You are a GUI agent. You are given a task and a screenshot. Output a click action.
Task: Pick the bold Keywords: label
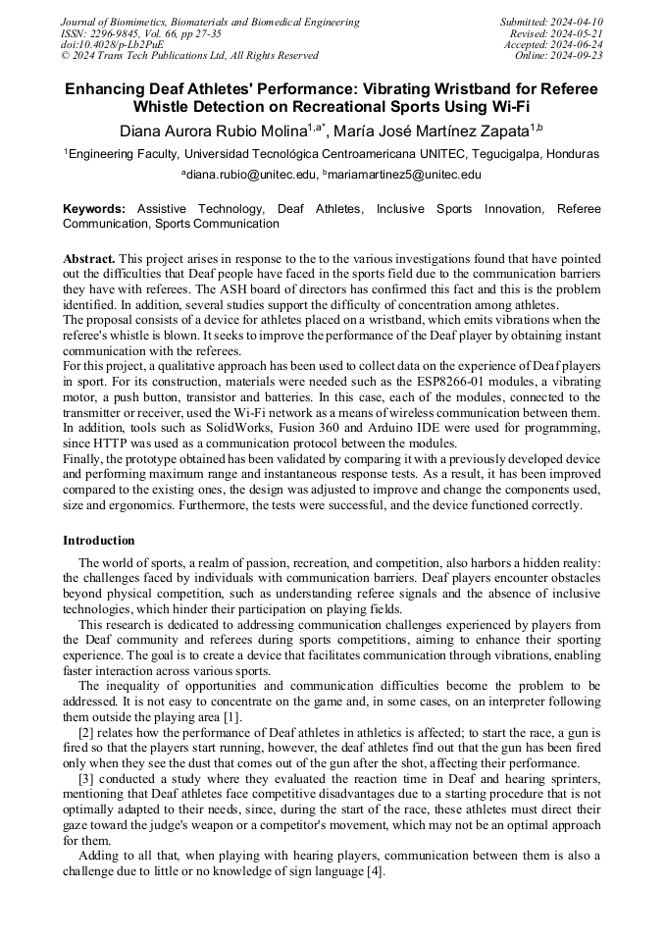pyautogui.click(x=94, y=209)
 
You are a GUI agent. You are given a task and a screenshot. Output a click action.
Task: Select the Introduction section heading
pyautogui.click(x=99, y=541)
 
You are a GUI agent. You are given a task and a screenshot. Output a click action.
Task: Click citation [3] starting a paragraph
pyautogui.click(x=86, y=778)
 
